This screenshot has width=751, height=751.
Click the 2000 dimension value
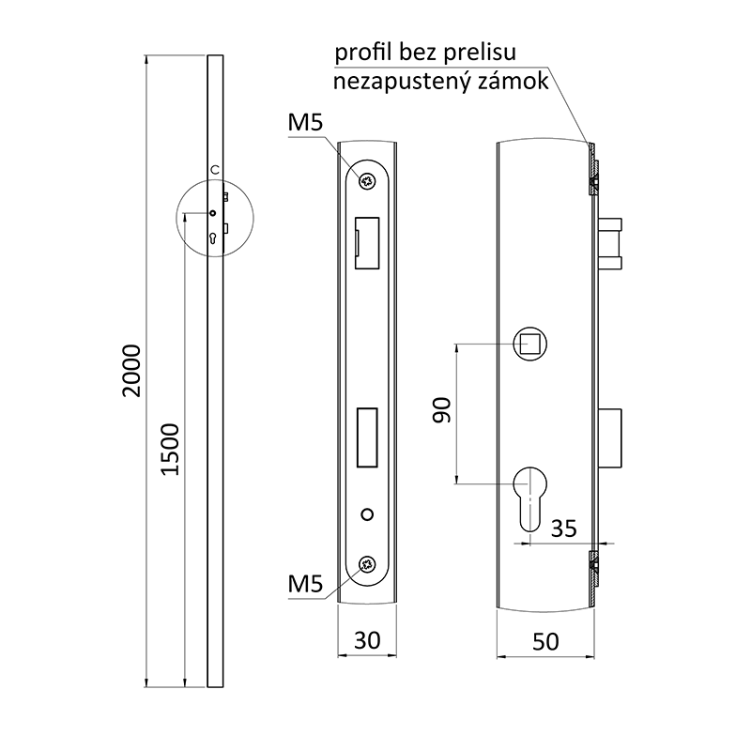[131, 370]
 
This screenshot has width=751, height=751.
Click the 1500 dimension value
[170, 450]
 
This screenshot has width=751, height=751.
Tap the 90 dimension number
[441, 410]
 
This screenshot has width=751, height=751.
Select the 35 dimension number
[564, 529]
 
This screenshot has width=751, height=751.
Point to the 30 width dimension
[367, 640]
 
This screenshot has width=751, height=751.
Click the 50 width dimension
[545, 642]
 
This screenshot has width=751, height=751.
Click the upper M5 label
[305, 123]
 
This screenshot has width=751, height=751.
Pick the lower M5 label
[305, 584]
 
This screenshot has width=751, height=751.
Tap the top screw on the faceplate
[367, 181]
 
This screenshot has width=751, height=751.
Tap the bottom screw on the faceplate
[367, 565]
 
